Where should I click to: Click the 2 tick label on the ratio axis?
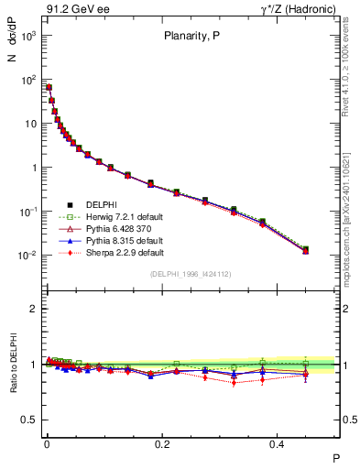pos(33,309)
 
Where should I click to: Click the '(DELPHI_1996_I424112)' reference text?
pos(191,274)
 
